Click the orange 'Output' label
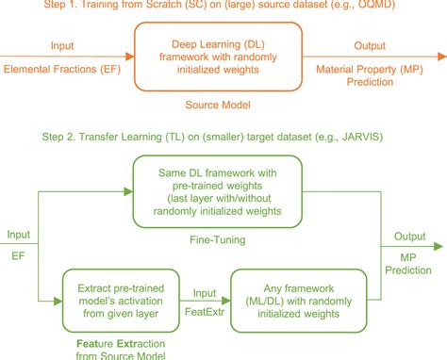click(x=369, y=45)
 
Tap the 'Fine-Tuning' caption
click(x=217, y=242)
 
